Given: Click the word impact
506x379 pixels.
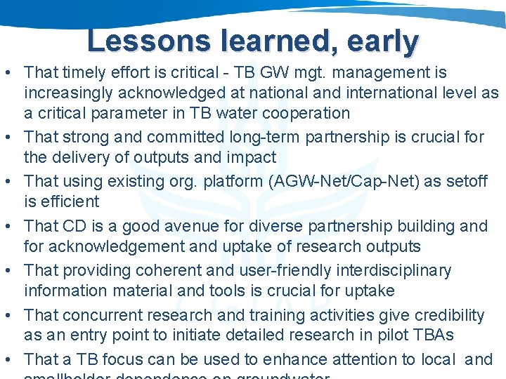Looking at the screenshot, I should (x=253, y=157).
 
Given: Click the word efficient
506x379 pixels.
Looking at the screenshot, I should (x=69, y=201).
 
